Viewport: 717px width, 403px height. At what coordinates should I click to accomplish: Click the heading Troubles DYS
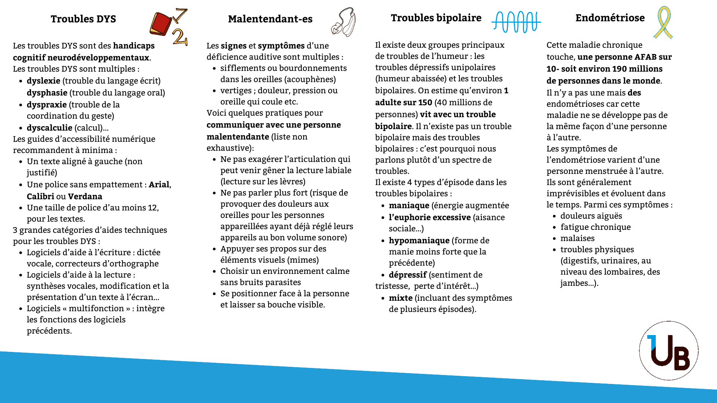click(x=83, y=19)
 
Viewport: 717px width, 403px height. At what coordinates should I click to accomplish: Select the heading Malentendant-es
click(x=270, y=19)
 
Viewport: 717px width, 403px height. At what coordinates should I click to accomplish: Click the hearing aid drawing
click(x=344, y=22)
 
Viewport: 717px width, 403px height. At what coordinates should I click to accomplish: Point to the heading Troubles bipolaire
click(x=436, y=18)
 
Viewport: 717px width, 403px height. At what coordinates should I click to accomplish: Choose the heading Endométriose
click(x=610, y=18)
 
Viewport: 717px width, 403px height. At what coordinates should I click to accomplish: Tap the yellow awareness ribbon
click(x=663, y=22)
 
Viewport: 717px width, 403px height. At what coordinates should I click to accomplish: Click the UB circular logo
click(x=668, y=351)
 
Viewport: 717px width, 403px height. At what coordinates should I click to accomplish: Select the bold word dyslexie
click(x=43, y=81)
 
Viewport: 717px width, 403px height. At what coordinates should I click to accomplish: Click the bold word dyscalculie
click(x=49, y=128)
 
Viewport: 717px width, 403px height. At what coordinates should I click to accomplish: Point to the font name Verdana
click(x=85, y=197)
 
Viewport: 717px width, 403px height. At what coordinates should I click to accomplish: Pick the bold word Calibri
click(x=40, y=197)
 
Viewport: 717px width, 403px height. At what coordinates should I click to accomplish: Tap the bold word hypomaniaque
click(x=419, y=241)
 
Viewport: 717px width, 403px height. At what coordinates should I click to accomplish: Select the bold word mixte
click(x=400, y=298)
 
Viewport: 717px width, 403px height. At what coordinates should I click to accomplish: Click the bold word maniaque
click(x=409, y=206)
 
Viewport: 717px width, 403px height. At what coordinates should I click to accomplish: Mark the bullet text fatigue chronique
click(x=595, y=227)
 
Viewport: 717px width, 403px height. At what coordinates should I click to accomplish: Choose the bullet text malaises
click(x=577, y=238)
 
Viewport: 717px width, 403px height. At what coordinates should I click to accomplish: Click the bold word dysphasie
click(x=47, y=93)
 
